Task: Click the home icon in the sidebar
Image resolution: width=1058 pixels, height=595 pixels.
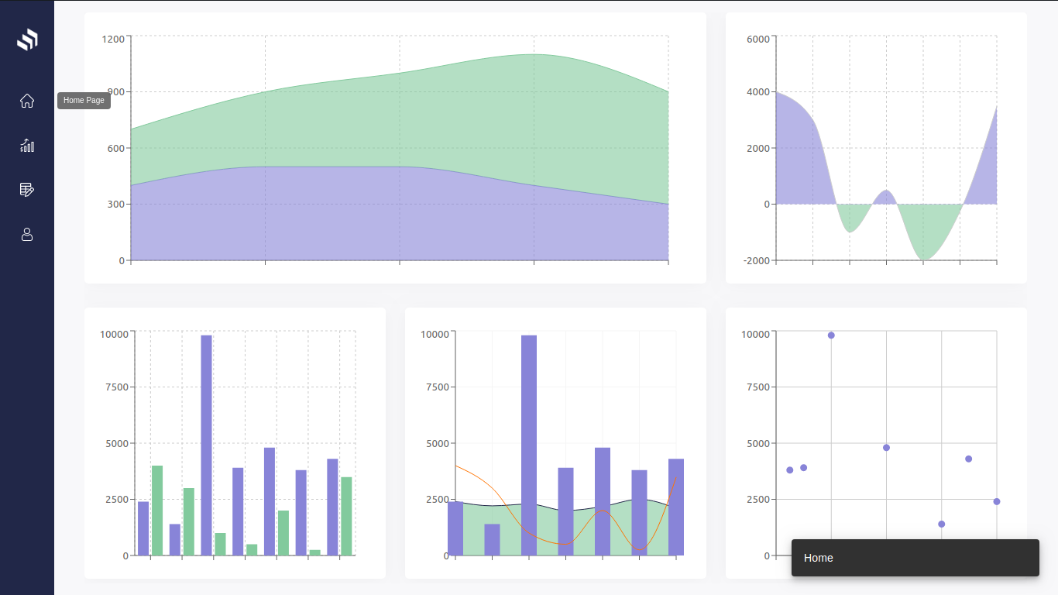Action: [27, 101]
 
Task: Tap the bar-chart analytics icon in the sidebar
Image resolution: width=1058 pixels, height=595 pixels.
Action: [27, 146]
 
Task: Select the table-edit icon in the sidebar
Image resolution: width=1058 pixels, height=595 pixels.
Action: [27, 190]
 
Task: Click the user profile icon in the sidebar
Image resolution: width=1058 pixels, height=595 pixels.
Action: [27, 234]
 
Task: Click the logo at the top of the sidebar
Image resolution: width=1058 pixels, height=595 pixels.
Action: [27, 40]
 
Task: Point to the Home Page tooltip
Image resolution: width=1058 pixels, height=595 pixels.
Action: [84, 101]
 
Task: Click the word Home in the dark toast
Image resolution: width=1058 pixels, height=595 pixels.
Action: [819, 558]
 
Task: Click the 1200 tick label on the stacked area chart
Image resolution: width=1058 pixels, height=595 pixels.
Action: [112, 38]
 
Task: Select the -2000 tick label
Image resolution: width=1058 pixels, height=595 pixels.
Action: [756, 260]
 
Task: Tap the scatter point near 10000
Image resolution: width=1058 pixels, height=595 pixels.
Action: [831, 335]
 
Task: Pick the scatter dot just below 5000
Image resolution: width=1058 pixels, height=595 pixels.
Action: [886, 448]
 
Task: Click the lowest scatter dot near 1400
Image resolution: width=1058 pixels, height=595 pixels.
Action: [941, 524]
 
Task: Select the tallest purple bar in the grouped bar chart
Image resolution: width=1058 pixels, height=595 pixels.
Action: [206, 445]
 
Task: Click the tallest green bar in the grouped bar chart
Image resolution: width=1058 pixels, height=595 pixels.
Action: [157, 510]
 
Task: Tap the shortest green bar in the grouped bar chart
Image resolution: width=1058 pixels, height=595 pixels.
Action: [315, 552]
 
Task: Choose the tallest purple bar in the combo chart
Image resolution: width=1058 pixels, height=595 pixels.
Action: [529, 445]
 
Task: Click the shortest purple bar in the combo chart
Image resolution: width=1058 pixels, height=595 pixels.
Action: [492, 540]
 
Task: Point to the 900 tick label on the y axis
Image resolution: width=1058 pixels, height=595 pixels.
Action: [115, 92]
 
